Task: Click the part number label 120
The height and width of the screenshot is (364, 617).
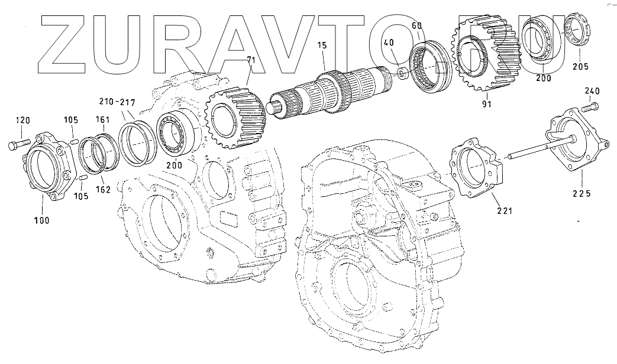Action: click(x=23, y=121)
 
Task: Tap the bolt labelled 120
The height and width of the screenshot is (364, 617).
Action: click(x=18, y=144)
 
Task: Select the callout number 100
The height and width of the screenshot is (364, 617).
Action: click(x=42, y=220)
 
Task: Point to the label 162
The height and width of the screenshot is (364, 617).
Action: click(x=103, y=190)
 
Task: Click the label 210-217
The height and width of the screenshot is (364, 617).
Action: click(x=117, y=103)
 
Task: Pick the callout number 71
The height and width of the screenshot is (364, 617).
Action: click(x=251, y=60)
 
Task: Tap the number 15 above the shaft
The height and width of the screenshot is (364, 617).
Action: click(x=322, y=45)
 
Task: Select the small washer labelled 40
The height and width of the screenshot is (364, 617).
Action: click(x=402, y=73)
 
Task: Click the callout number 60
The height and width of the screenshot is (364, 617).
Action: click(x=416, y=26)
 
